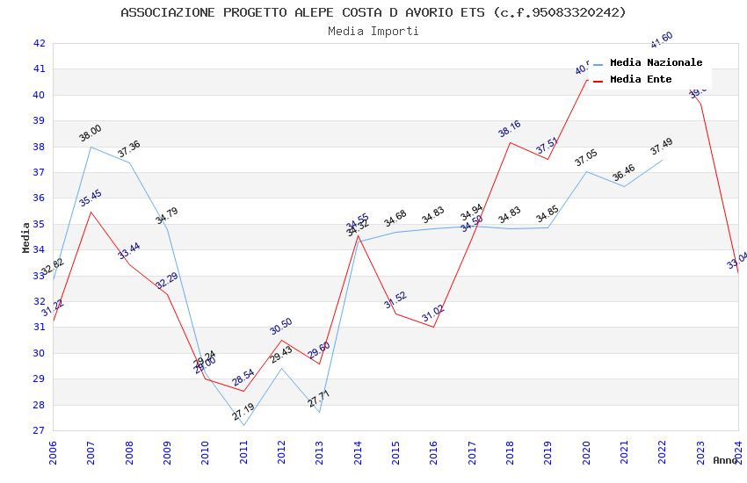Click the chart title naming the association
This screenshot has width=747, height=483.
tap(373, 12)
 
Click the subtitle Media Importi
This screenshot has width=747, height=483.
tap(373, 32)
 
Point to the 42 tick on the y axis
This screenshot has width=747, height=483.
tap(39, 43)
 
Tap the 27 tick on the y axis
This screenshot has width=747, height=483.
tap(39, 431)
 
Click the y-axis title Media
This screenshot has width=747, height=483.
tap(26, 237)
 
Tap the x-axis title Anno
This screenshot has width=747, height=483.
tap(725, 460)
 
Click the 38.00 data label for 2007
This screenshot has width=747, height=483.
tap(91, 133)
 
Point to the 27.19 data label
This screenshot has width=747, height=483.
tap(243, 411)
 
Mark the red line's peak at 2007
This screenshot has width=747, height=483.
tap(91, 212)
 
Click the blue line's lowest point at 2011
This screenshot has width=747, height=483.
tap(243, 426)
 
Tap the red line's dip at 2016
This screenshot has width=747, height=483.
tap(434, 327)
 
